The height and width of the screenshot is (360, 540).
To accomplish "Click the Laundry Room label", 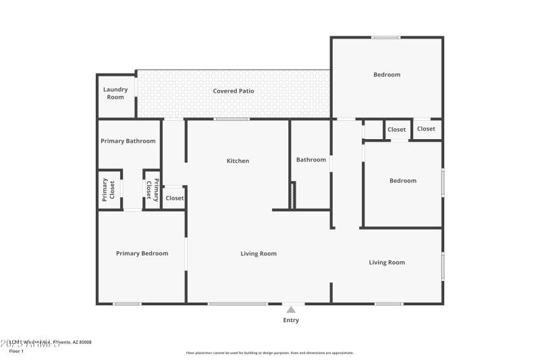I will click(115, 93).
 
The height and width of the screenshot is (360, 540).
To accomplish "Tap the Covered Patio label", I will click(234, 91).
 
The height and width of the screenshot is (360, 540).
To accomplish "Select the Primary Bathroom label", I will click(128, 141).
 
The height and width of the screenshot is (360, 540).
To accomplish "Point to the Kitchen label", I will click(238, 161).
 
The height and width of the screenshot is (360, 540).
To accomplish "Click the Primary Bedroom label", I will click(142, 253).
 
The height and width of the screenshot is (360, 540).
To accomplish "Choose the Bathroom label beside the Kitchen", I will click(310, 160).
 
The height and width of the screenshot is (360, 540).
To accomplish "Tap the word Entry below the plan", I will click(291, 320).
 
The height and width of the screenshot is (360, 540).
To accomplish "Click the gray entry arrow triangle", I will click(291, 309).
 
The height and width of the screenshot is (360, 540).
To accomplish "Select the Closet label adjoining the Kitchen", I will click(175, 198).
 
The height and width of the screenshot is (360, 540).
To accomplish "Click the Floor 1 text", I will click(16, 351).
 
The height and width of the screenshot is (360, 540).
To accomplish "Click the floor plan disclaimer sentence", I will click(269, 353).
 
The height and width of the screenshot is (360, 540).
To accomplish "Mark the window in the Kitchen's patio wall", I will click(232, 120).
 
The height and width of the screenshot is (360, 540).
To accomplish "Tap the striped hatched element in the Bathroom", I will click(293, 195).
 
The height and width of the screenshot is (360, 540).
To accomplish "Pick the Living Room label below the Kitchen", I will click(259, 254).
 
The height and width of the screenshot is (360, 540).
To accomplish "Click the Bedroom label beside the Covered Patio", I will click(387, 75).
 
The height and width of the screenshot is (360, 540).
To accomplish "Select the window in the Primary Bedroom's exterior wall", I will click(127, 303).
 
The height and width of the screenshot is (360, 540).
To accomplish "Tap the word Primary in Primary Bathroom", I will click(113, 141).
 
